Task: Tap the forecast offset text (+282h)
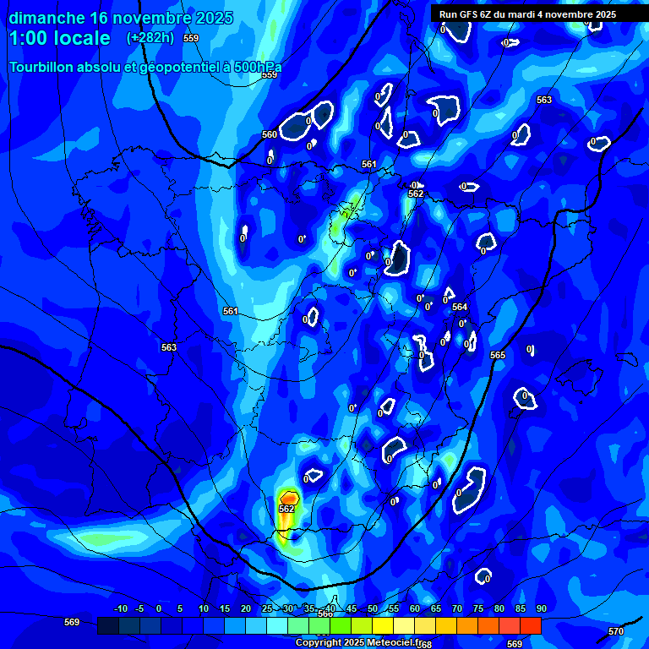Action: (151, 37)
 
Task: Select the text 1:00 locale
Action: (59, 38)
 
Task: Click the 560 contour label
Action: (270, 134)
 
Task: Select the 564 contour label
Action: (459, 307)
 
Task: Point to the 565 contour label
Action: (498, 355)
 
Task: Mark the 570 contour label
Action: (616, 631)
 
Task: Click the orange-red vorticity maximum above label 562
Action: (289, 498)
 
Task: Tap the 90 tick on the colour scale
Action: (541, 608)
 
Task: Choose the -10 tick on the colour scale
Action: (121, 608)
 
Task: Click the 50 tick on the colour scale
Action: (373, 608)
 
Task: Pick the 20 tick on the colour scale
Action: (245, 608)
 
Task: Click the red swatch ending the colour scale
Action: (530, 625)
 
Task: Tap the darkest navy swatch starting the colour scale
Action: (107, 625)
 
